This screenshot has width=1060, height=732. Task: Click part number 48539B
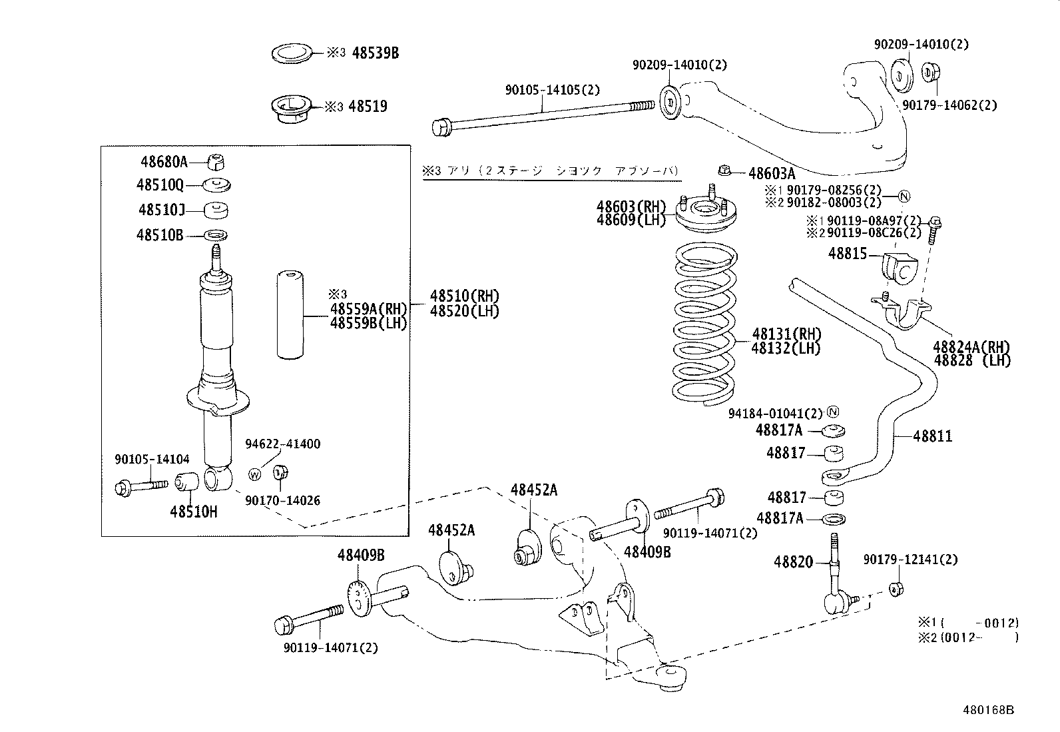point(375,53)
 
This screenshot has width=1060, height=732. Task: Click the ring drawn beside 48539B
point(292,53)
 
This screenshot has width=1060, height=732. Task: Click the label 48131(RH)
point(786,334)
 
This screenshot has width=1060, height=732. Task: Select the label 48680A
point(164,161)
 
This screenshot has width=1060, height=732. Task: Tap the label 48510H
point(194,512)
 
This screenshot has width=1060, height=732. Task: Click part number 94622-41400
point(282,444)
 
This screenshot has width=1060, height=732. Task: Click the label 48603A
point(772,174)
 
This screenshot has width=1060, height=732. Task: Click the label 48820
point(793,562)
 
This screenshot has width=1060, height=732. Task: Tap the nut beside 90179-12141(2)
point(896,588)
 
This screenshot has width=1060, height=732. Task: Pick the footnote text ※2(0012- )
point(968,637)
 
